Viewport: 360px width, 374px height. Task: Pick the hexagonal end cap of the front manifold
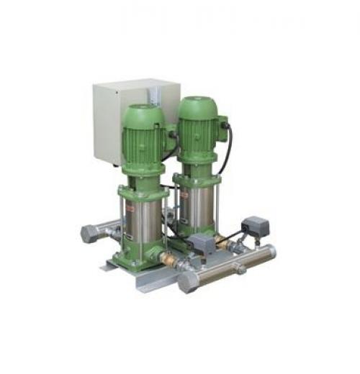(x=189, y=281)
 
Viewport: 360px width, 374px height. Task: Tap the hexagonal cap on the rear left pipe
(x=89, y=234)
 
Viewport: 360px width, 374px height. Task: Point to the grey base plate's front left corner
(x=108, y=267)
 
